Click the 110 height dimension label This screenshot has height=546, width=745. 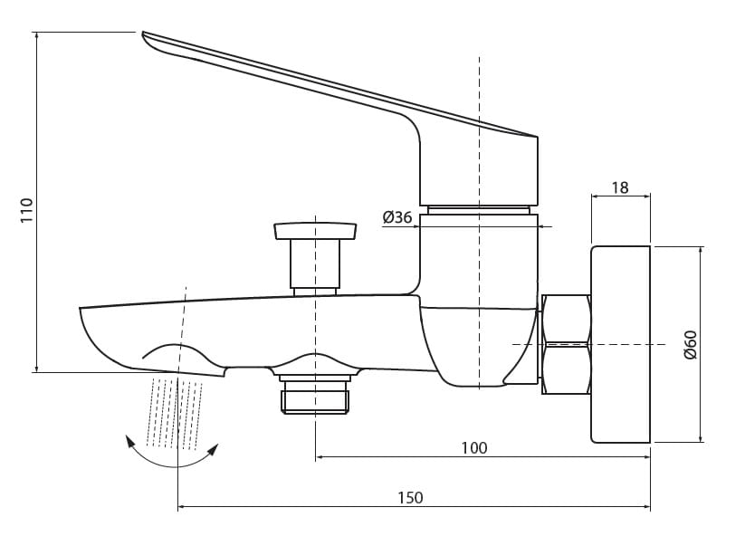pos(26,210)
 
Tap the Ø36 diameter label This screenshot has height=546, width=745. pos(397,217)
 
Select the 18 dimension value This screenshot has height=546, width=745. pos(619,187)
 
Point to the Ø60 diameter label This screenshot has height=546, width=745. pos(690,344)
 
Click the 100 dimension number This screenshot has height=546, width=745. pos(474,447)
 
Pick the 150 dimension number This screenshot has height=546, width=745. pos(410,497)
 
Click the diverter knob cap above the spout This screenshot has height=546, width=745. pos(315,231)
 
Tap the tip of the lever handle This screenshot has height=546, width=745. pos(144,33)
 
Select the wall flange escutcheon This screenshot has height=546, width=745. pos(620,344)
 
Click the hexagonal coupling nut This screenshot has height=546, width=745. pos(567,344)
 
